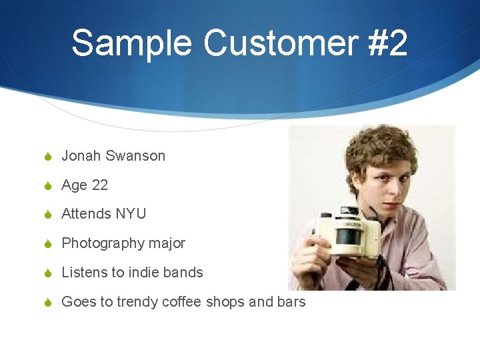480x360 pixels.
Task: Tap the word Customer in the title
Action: (281, 43)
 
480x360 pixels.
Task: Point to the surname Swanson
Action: (135, 156)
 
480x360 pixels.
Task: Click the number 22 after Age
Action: (99, 185)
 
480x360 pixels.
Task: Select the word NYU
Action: (131, 214)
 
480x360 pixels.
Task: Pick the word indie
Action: (145, 273)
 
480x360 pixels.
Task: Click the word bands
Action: (183, 273)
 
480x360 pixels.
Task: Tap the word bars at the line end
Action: (291, 302)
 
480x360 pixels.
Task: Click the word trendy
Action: (138, 302)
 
